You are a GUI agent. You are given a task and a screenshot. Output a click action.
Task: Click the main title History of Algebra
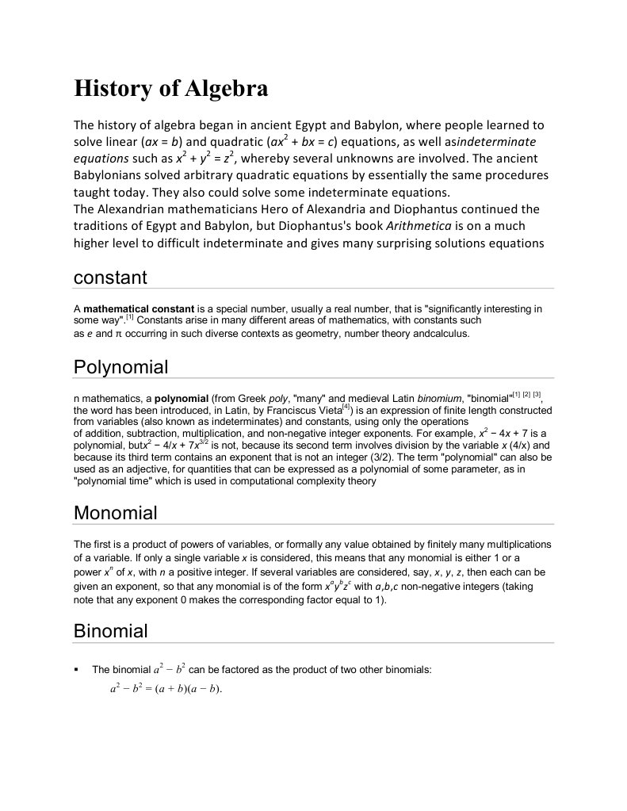170,89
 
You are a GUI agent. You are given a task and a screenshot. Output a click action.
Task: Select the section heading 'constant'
110,277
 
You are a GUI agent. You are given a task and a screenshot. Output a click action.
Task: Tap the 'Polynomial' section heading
120,367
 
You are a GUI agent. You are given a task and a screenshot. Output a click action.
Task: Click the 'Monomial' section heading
115,513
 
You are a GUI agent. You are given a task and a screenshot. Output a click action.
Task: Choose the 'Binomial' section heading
110,631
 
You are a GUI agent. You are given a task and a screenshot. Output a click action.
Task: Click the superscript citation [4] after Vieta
346,407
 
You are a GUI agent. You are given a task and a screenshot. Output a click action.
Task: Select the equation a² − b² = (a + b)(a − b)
166,688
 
